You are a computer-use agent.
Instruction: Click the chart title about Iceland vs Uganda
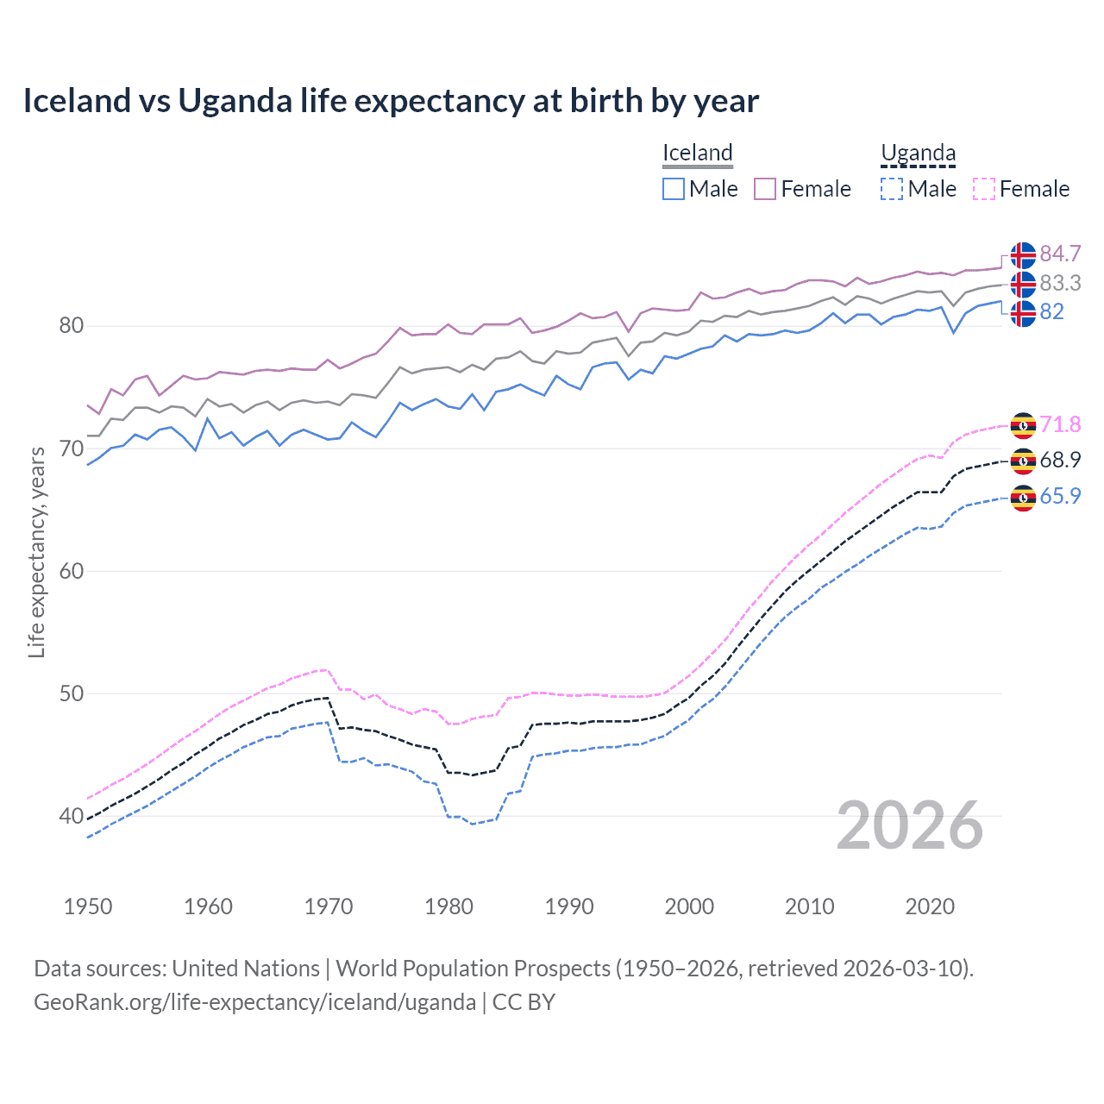[391, 101]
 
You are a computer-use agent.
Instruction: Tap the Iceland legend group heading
[697, 153]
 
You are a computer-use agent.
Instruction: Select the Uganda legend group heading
[918, 153]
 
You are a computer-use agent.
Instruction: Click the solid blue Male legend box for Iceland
[674, 189]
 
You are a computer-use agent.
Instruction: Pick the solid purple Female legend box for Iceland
[765, 189]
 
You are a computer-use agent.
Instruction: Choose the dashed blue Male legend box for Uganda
[892, 189]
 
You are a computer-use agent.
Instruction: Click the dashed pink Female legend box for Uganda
[983, 189]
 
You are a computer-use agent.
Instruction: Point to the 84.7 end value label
[1060, 254]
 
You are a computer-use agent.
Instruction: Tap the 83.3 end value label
[1060, 283]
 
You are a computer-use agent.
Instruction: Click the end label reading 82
[1051, 311]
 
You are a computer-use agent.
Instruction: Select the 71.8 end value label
[1060, 424]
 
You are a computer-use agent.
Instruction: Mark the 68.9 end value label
[1060, 460]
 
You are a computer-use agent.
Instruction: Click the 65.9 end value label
[1060, 496]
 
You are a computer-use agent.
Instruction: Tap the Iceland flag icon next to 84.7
[1023, 255]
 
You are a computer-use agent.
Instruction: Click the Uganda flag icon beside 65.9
[1023, 498]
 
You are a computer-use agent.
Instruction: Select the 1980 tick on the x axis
[448, 906]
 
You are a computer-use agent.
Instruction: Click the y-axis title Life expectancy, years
[36, 552]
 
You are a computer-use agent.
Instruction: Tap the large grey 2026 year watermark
[909, 825]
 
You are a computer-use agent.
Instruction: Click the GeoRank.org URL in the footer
[254, 1002]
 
